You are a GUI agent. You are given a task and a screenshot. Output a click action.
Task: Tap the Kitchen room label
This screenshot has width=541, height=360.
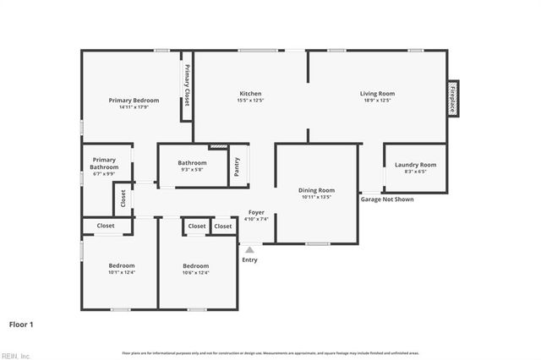tap(250, 94)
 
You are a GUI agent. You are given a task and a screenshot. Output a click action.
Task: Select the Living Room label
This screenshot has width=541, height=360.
tap(377, 94)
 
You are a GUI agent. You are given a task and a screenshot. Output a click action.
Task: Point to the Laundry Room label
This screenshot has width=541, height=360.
tap(415, 165)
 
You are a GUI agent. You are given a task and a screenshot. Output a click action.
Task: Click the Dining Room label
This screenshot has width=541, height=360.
tap(316, 190)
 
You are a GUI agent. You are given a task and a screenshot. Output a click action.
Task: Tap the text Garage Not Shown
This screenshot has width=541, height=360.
tap(387, 199)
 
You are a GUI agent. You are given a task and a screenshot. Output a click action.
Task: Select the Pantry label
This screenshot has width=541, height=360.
tap(238, 166)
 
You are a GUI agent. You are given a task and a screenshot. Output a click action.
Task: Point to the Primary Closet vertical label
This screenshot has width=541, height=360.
tap(187, 85)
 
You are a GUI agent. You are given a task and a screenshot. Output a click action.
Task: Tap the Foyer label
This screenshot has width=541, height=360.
tap(256, 212)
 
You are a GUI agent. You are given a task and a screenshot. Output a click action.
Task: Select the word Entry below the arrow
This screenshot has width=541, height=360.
tap(249, 259)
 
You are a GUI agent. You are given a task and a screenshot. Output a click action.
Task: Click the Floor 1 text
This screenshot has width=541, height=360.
tap(21, 324)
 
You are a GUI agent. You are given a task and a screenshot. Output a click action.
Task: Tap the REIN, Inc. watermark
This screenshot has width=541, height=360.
tap(15, 355)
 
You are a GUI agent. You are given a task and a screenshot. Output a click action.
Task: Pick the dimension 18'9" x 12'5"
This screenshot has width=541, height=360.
tap(377, 101)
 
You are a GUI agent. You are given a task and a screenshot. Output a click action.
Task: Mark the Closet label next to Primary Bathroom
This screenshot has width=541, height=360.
tap(123, 198)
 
